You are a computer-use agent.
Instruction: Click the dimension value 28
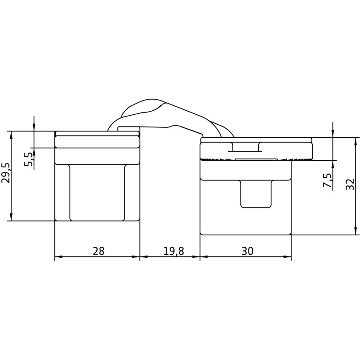click(x=98, y=251)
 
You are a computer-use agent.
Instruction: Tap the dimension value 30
click(x=247, y=251)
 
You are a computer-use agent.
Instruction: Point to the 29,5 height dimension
click(x=6, y=173)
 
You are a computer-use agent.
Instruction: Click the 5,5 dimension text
click(x=28, y=159)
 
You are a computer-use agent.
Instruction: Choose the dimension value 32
click(x=351, y=184)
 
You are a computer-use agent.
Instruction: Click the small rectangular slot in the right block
click(x=256, y=193)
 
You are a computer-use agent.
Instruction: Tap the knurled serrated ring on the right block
click(x=256, y=159)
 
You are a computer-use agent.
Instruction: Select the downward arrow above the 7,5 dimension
click(x=333, y=134)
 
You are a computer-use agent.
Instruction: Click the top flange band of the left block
click(x=97, y=142)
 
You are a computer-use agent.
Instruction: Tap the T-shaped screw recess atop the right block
click(x=245, y=147)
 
